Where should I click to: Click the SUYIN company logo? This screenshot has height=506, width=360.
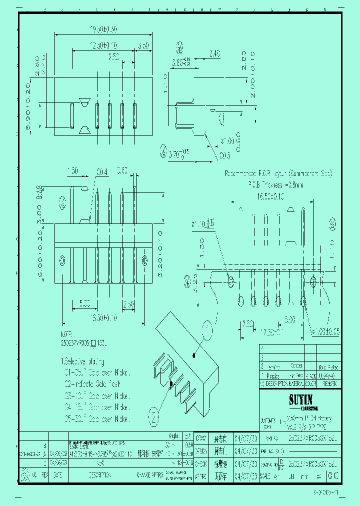click(300, 399)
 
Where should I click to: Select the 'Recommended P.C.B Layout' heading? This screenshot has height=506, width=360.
click(278, 173)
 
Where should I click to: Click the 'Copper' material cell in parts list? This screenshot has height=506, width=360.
click(296, 366)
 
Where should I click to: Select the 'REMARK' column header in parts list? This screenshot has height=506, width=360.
click(329, 383)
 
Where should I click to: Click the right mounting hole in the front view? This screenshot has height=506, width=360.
click(145, 260)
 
